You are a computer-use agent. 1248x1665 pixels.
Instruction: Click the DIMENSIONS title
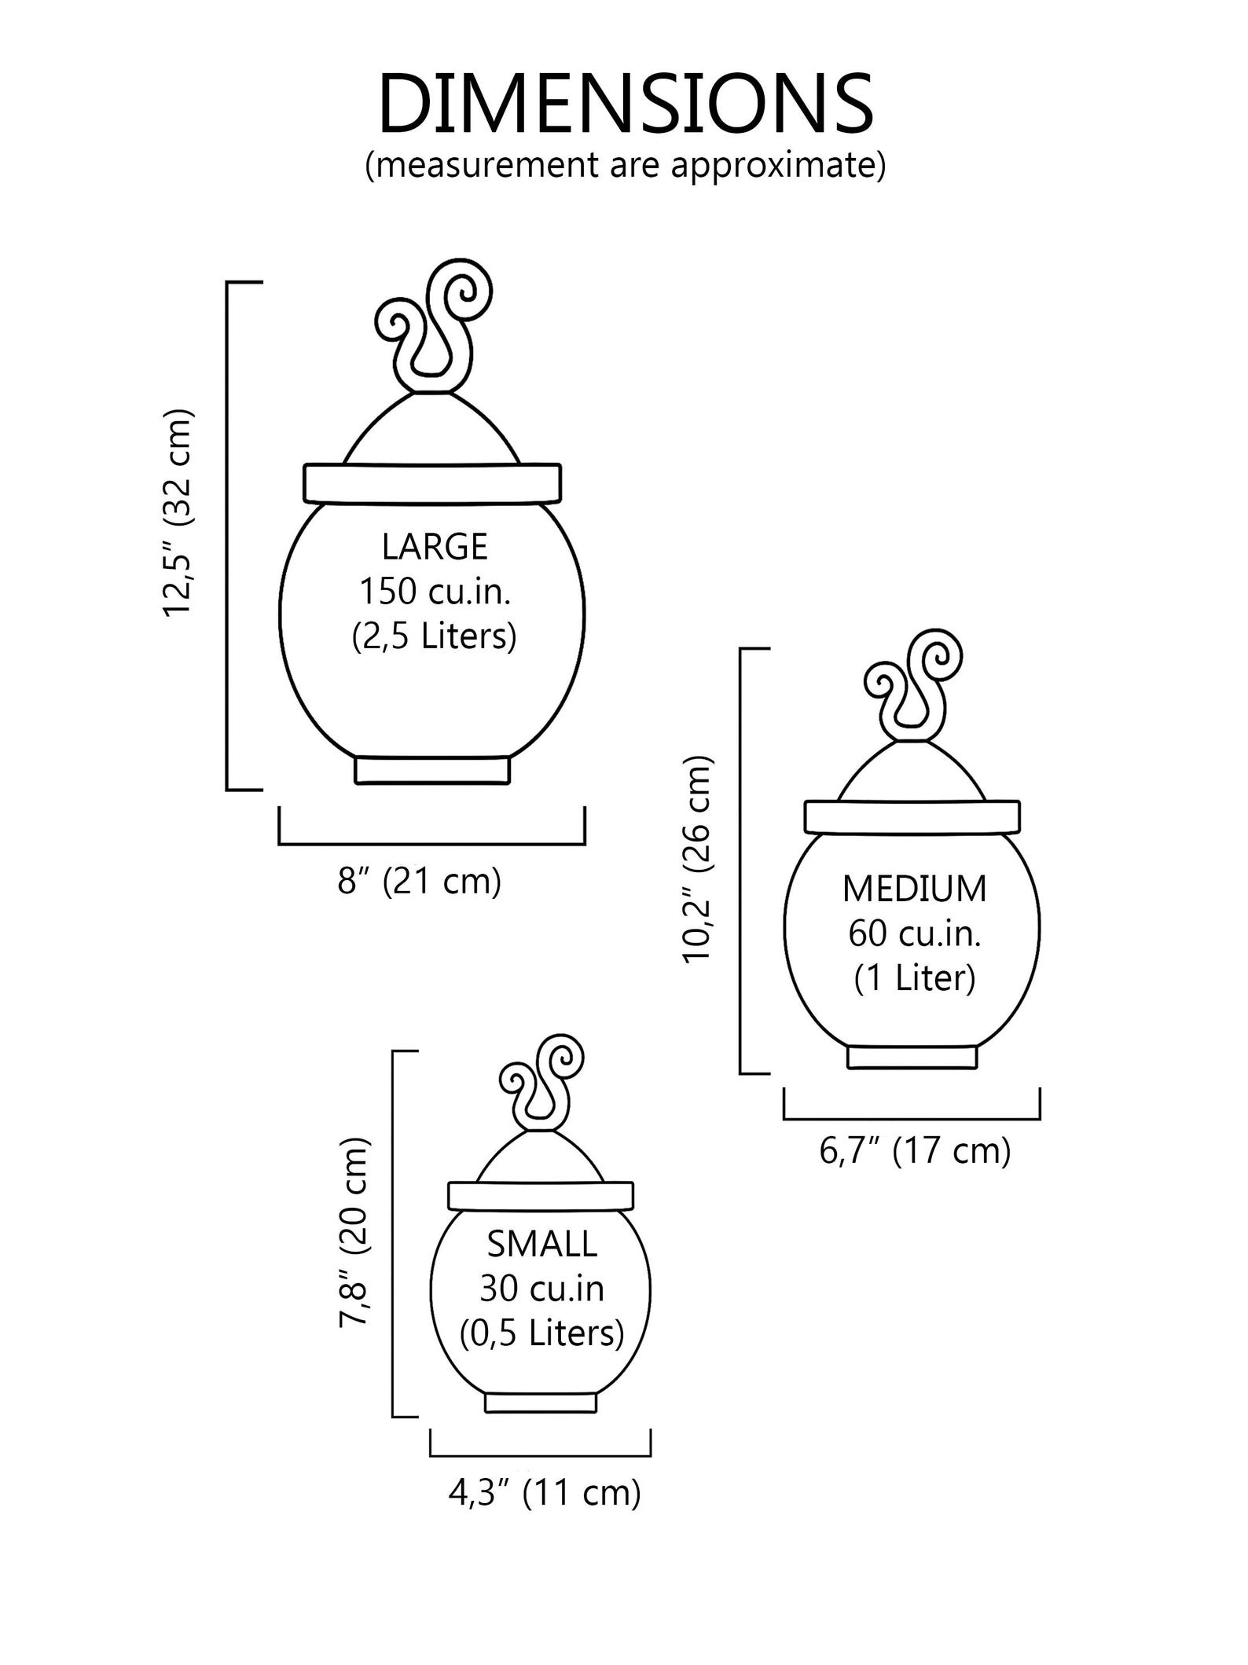point(625,105)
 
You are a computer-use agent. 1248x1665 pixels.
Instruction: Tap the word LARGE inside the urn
point(435,547)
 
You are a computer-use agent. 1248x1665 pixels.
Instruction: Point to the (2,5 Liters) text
point(434,636)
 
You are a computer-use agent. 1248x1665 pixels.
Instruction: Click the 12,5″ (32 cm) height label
point(177,513)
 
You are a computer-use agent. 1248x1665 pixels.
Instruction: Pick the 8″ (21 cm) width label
point(420,882)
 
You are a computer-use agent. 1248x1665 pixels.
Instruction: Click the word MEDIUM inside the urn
point(914,889)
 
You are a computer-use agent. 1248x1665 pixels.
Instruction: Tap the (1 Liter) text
point(915,978)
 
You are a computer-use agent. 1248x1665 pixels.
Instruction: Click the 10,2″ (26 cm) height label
point(697,859)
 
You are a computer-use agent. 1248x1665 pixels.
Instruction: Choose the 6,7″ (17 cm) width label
point(915,1152)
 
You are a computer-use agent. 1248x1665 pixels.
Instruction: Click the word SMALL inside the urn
point(542,1244)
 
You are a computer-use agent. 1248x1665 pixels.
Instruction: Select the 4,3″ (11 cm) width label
point(545,1493)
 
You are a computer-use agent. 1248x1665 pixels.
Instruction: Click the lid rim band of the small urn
point(541,1195)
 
